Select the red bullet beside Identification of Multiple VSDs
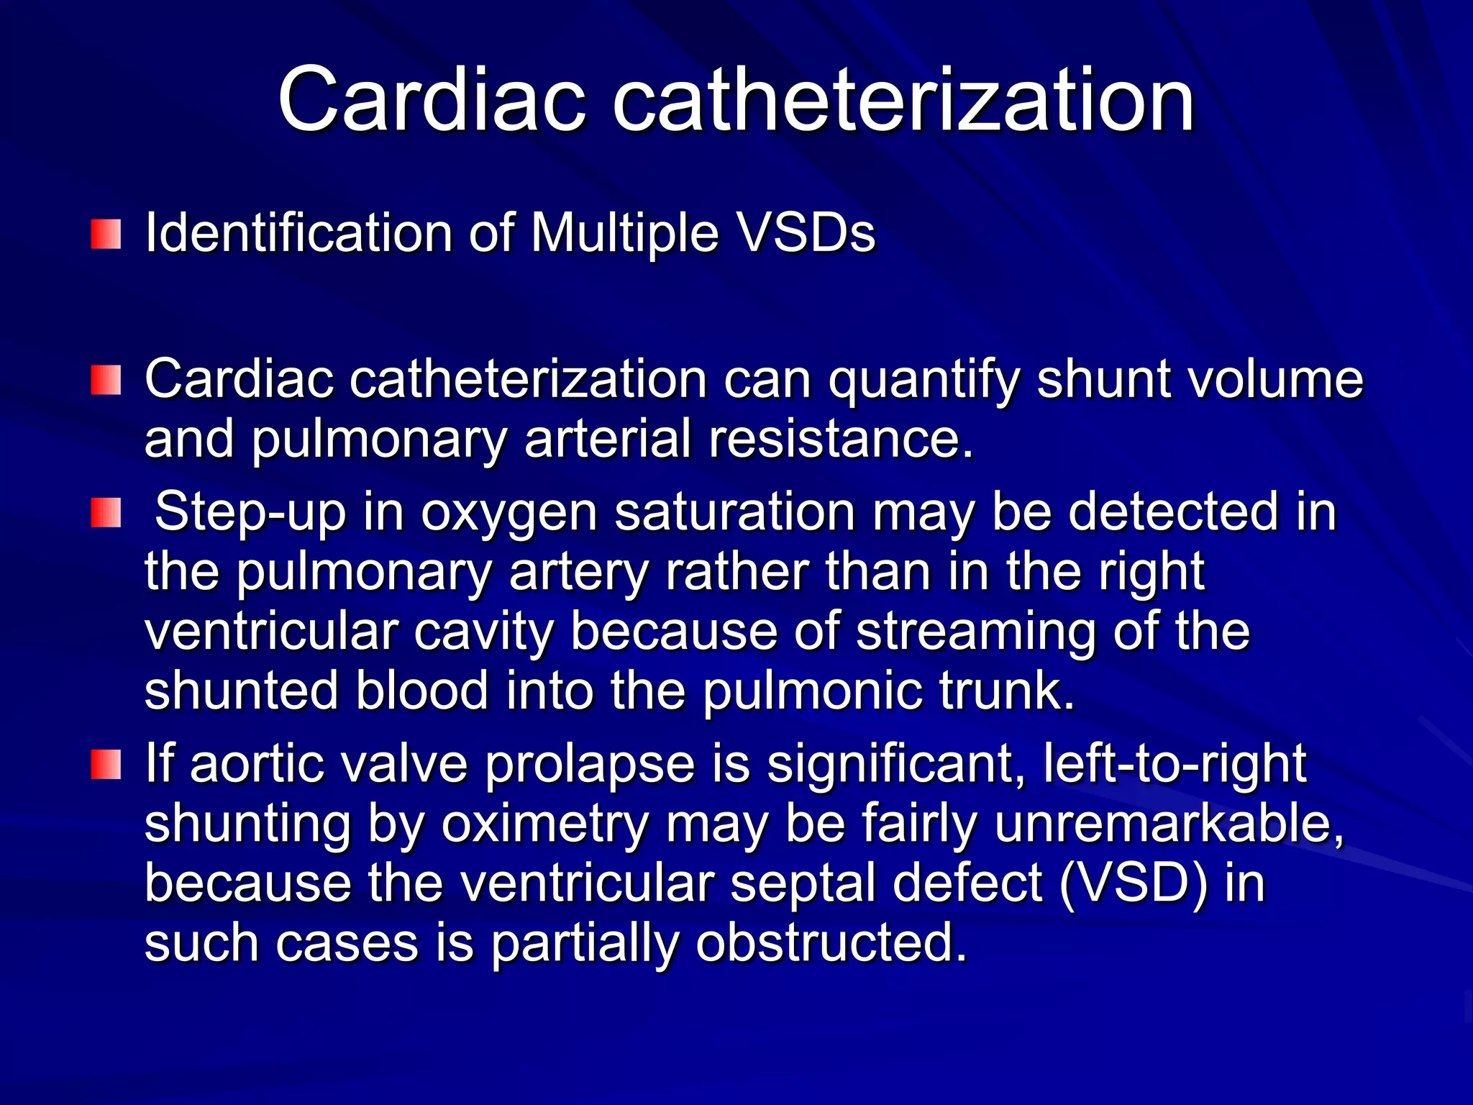tap(106, 235)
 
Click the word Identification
tap(298, 233)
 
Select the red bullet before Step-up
tap(106, 513)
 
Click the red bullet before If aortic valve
tap(106, 764)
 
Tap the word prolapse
tap(590, 764)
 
